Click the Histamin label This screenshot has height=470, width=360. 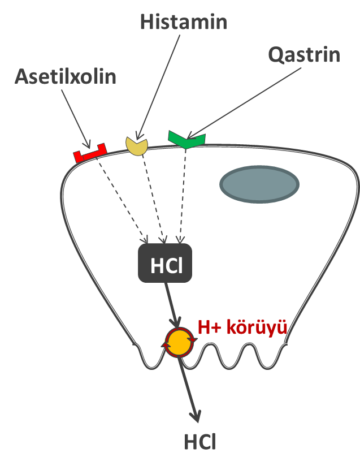pyautogui.click(x=183, y=23)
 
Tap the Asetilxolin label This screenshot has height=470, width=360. pyautogui.click(x=66, y=77)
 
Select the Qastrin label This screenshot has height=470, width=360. pyautogui.click(x=304, y=55)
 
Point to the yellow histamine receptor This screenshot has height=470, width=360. pyautogui.click(x=136, y=145)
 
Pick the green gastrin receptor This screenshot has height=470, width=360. pyautogui.click(x=186, y=139)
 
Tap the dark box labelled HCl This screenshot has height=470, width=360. pyautogui.click(x=165, y=263)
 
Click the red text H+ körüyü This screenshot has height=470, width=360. pyautogui.click(x=242, y=327)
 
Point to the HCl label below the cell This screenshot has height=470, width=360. pyautogui.click(x=199, y=442)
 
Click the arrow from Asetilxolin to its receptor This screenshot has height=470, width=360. pyautogui.click(x=75, y=118)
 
